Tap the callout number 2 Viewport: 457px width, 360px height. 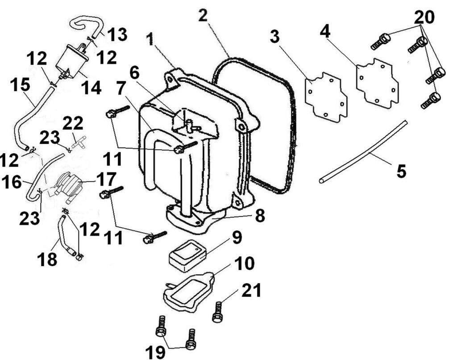tap(203, 16)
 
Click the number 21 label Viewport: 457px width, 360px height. tap(251, 291)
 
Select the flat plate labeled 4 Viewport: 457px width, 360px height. tap(377, 83)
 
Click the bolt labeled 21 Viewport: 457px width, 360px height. tap(218, 311)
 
